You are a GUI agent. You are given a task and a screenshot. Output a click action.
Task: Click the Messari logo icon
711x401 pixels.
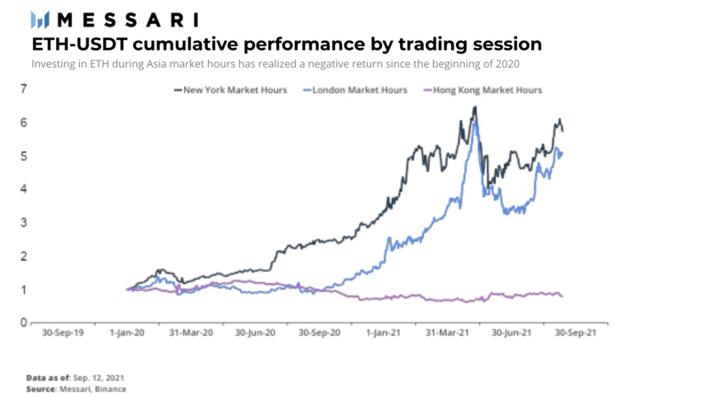tap(41, 19)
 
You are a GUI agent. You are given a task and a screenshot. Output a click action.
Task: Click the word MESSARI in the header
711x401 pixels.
tap(128, 19)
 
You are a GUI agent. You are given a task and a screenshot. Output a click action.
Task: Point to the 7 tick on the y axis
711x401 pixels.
tap(23, 88)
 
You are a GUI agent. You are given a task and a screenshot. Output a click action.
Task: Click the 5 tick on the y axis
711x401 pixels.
tap(23, 156)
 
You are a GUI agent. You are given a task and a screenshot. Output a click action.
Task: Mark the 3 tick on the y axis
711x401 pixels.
tap(23, 222)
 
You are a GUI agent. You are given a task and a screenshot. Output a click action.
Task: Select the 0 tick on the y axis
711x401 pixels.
tap(23, 323)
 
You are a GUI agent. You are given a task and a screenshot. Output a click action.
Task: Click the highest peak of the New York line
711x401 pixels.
tap(475, 108)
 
